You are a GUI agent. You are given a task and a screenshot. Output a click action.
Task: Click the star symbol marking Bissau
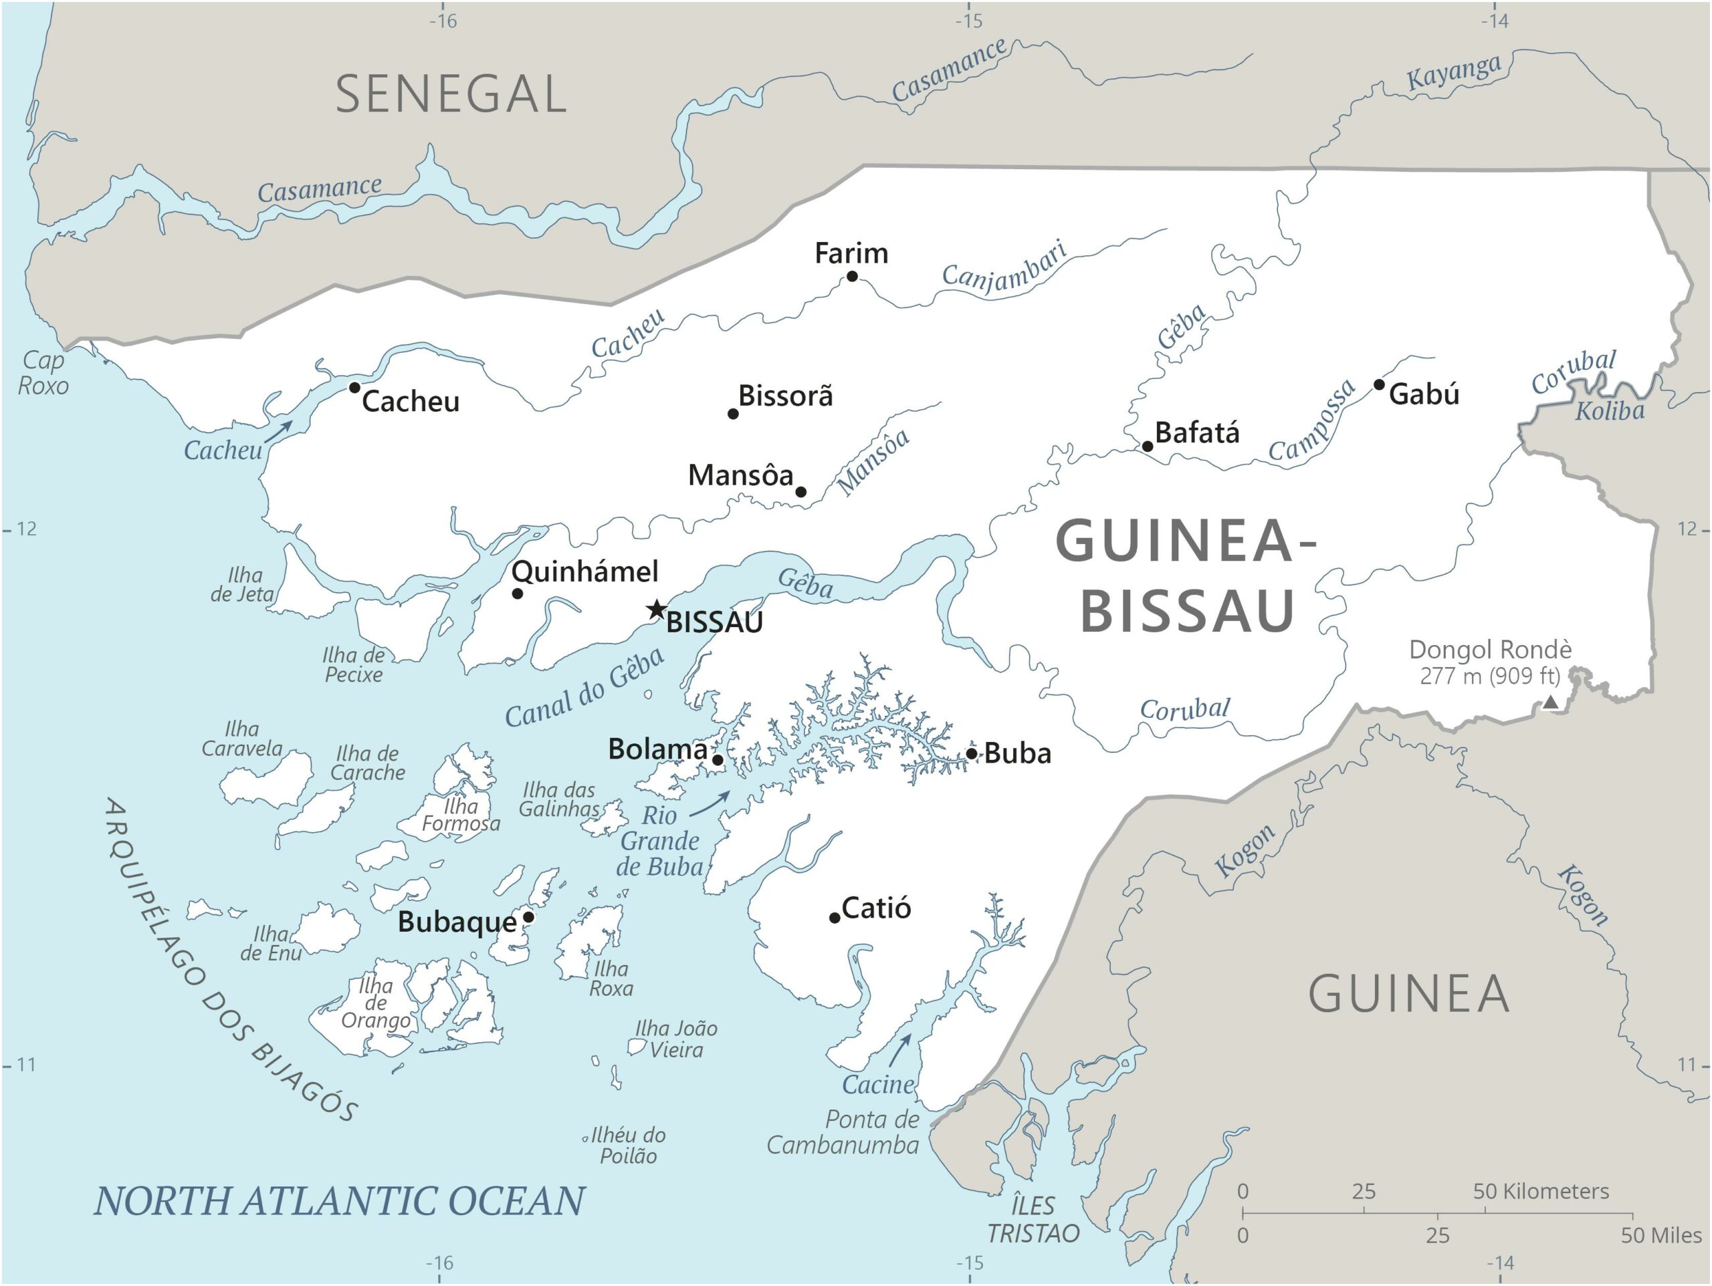click(656, 610)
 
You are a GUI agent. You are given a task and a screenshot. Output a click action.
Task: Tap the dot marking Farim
click(852, 276)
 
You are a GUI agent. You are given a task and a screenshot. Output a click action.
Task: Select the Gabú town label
click(1424, 394)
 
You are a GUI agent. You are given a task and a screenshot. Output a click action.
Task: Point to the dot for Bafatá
click(1148, 446)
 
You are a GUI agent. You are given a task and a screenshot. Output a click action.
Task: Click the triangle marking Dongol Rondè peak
click(1551, 702)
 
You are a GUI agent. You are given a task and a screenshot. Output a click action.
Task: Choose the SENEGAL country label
click(451, 94)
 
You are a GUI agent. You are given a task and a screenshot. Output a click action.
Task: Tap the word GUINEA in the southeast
click(1408, 995)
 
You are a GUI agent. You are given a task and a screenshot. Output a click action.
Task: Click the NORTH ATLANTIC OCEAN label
click(339, 1201)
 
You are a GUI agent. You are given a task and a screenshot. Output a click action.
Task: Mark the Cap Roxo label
click(43, 373)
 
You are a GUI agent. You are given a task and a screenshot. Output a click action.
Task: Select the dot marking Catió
click(835, 918)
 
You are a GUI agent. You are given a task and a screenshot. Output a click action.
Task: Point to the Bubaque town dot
click(528, 917)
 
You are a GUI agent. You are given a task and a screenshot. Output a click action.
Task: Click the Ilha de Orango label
click(376, 1003)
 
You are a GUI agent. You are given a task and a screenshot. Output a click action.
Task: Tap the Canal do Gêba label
click(585, 688)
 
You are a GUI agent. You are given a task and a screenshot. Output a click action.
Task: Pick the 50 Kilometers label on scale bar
click(1540, 1192)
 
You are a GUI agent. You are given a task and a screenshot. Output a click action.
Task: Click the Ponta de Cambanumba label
click(843, 1133)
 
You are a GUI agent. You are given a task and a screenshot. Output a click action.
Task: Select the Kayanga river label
click(1453, 72)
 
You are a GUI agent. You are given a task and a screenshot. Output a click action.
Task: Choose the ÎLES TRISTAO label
click(1033, 1219)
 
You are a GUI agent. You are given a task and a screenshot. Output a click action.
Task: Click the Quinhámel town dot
click(518, 594)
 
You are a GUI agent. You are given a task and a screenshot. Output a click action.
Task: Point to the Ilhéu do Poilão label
click(627, 1146)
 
